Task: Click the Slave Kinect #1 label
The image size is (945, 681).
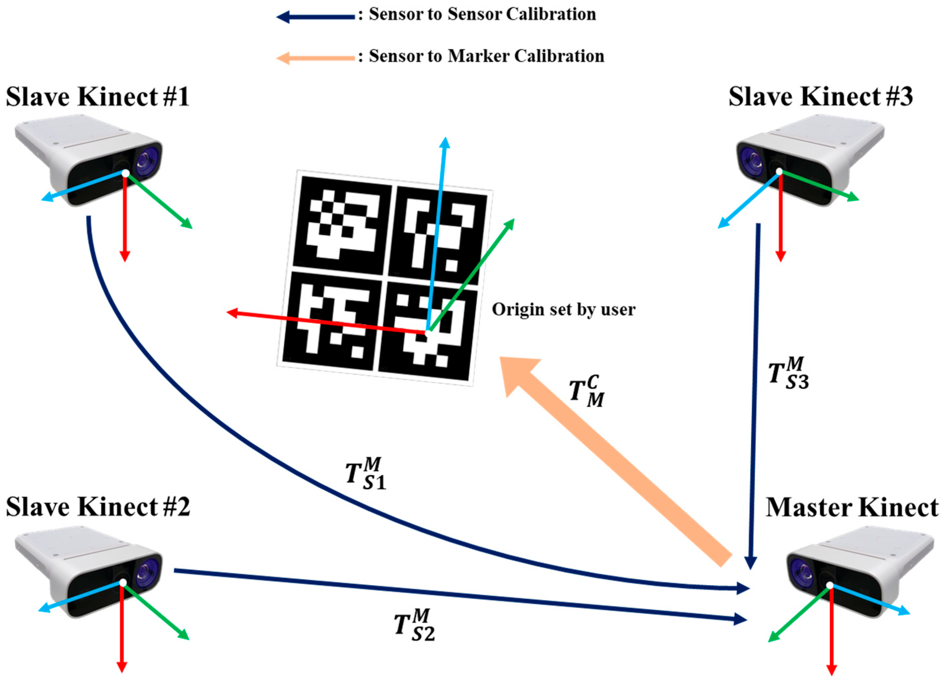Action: (97, 97)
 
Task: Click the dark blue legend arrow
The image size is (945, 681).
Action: (315, 17)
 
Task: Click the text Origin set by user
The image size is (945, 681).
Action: (563, 309)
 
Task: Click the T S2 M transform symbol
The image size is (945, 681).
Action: (414, 625)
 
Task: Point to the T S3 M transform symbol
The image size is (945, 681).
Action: (788, 373)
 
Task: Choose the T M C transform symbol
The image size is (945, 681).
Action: (586, 391)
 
